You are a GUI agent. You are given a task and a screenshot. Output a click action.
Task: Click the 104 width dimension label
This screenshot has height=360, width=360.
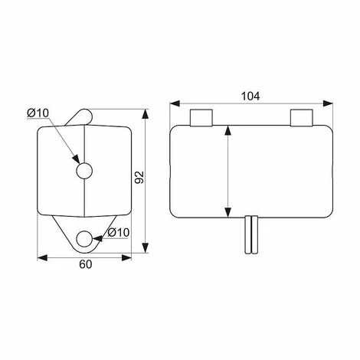pyautogui.click(x=250, y=97)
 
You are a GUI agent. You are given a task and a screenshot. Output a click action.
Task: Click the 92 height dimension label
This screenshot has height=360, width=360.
pyautogui.click(x=139, y=177)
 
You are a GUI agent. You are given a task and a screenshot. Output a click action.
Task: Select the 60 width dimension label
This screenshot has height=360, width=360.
pyautogui.click(x=85, y=264)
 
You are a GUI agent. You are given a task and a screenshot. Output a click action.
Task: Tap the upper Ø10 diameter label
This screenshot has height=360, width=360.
pyautogui.click(x=38, y=113)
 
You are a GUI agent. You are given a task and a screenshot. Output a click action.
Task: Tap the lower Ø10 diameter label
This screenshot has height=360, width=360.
pyautogui.click(x=119, y=232)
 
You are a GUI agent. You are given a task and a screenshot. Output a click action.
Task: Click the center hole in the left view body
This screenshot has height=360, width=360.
pyautogui.click(x=84, y=171)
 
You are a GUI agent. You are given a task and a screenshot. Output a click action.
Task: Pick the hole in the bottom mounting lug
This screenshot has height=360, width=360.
pyautogui.click(x=84, y=239)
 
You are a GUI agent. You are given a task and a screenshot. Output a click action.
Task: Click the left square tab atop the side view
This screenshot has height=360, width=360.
pyautogui.click(x=201, y=118)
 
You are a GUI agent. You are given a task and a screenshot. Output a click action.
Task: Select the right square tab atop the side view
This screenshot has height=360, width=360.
pyautogui.click(x=302, y=118)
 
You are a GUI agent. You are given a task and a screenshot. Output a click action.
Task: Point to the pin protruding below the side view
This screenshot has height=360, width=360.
pyautogui.click(x=251, y=234)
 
